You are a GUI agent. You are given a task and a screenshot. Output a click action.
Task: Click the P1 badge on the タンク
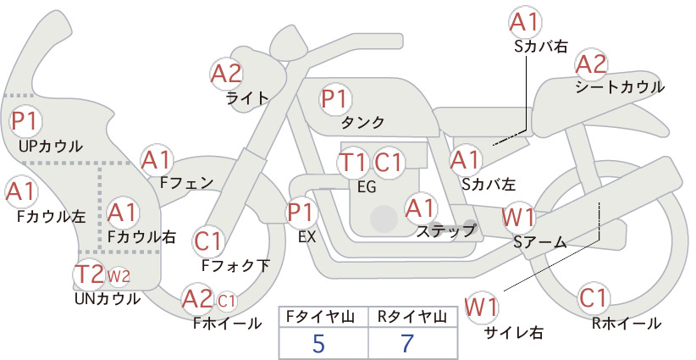(x=335, y=99)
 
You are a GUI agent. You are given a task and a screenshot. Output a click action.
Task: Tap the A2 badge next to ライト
(x=226, y=74)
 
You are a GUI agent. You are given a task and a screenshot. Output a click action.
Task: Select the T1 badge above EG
(x=353, y=163)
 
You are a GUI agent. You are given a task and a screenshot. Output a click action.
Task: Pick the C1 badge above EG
(x=388, y=163)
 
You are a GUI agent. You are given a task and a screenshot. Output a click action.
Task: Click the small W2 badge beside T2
(x=119, y=276)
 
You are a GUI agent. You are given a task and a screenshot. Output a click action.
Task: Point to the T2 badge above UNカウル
(x=89, y=274)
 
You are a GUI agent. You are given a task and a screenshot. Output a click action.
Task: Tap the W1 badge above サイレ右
(x=481, y=307)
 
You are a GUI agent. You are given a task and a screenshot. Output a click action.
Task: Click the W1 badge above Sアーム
(x=518, y=218)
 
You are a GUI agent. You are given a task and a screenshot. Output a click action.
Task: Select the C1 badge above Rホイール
(x=594, y=298)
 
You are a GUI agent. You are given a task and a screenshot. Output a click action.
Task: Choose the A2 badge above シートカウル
(x=591, y=64)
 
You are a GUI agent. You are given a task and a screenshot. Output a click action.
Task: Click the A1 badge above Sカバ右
(x=525, y=23)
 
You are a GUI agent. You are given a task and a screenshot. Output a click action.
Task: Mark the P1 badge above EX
(x=301, y=213)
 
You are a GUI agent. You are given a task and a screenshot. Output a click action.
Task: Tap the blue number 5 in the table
(x=318, y=343)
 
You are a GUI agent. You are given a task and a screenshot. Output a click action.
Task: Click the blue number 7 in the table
(x=407, y=343)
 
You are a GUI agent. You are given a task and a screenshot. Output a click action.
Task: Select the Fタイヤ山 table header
(x=320, y=317)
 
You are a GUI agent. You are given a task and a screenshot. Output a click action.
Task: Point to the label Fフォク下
(x=235, y=265)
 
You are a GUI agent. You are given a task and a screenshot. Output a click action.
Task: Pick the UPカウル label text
(x=51, y=146)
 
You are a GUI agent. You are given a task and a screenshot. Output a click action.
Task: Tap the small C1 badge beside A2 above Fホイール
(x=226, y=302)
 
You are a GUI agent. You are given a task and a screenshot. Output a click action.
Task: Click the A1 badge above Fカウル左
(x=21, y=192)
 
